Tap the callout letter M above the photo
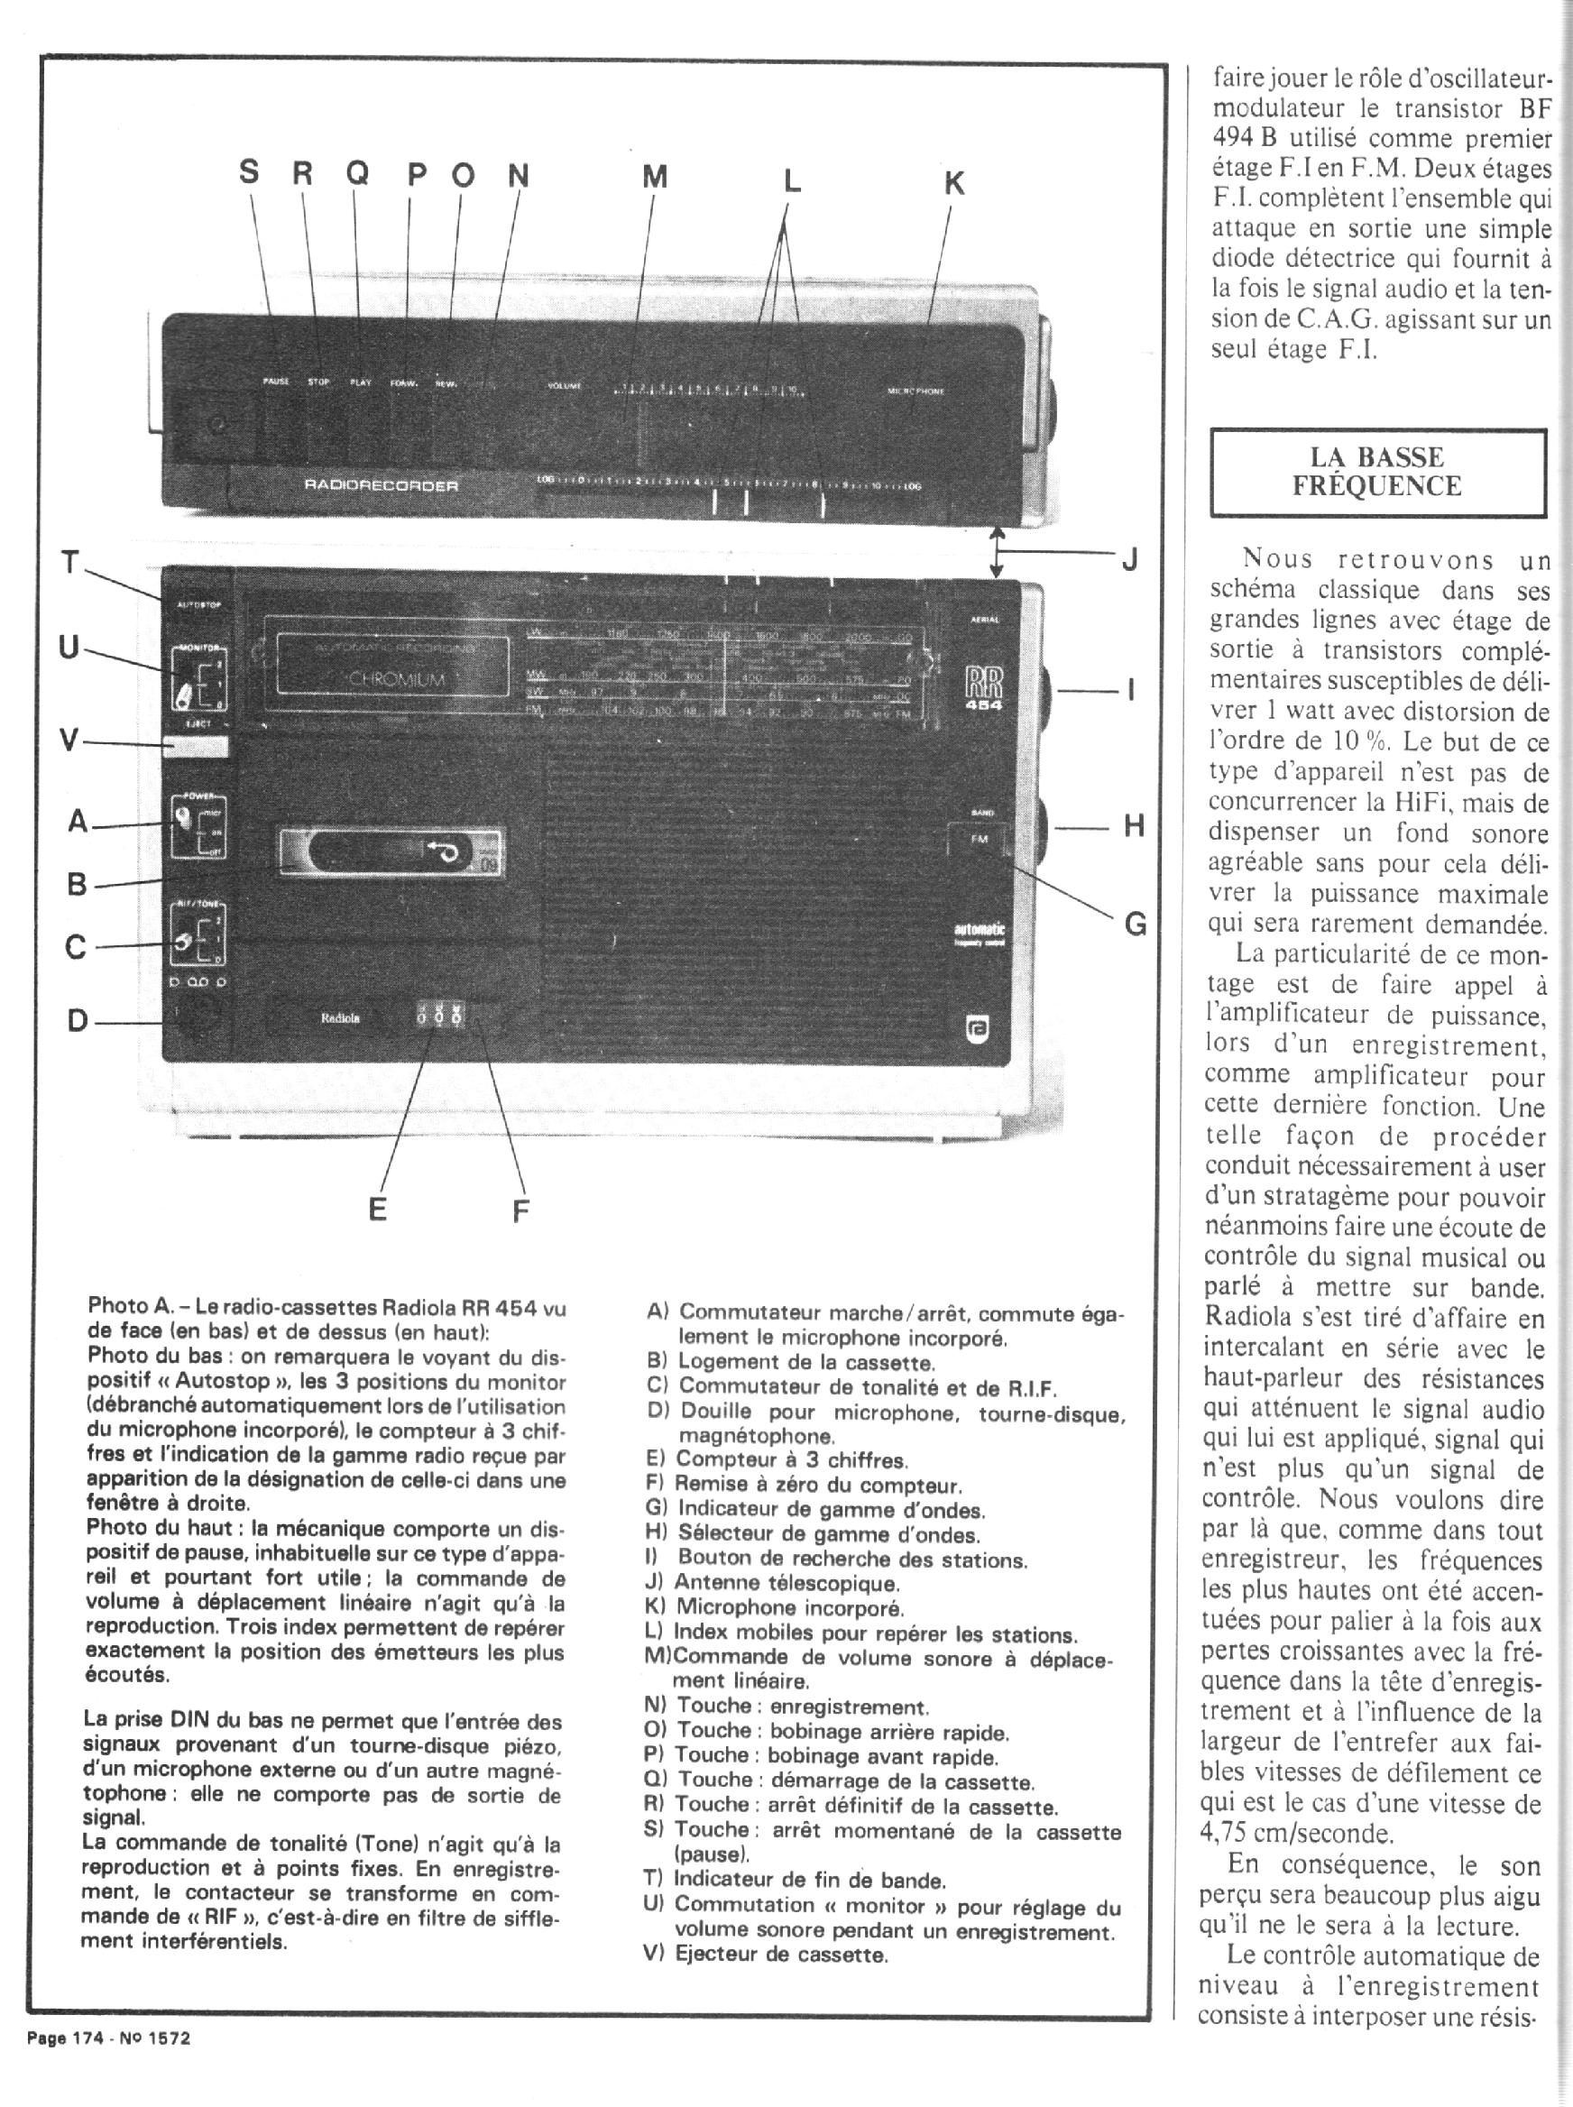tap(654, 176)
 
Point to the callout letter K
tap(954, 182)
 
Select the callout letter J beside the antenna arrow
tap(1130, 559)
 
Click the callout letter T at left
tap(69, 563)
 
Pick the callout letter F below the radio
tap(520, 1211)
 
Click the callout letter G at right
tap(1135, 923)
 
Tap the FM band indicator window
tap(980, 839)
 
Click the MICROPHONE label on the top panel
tap(915, 391)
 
